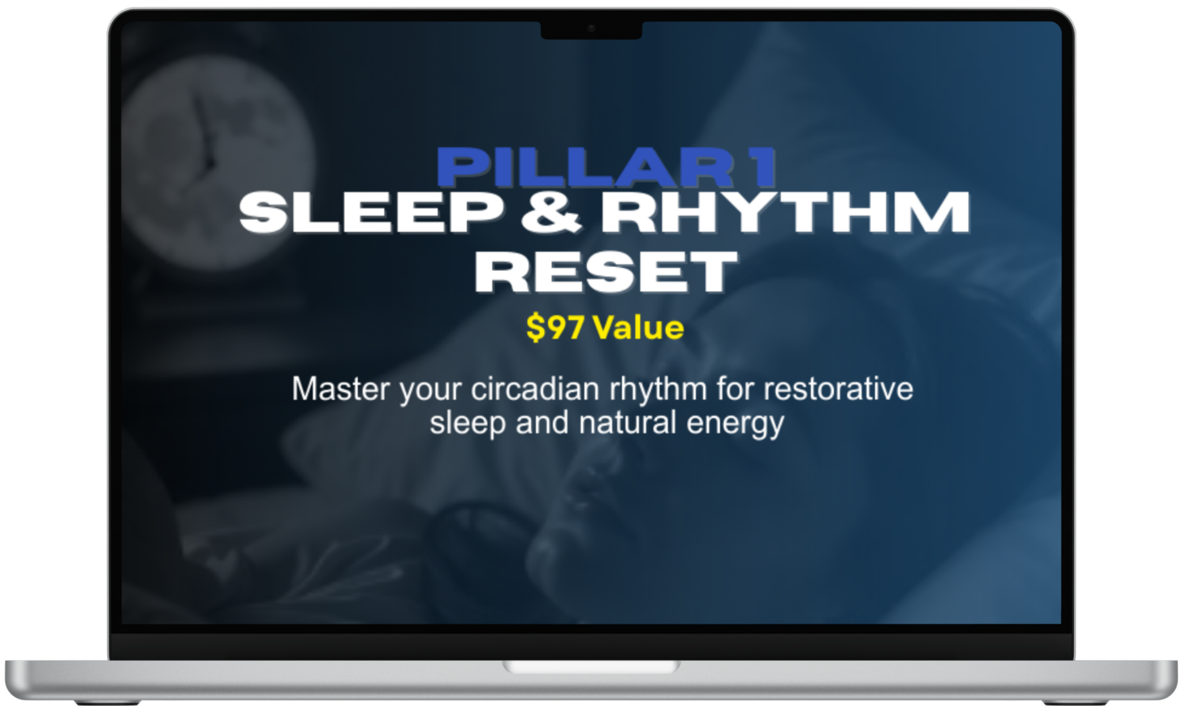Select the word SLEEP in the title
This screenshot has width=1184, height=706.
coord(371,212)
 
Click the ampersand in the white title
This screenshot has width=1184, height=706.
coord(551,212)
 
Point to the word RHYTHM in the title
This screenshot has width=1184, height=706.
coord(785,212)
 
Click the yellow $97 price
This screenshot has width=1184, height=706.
coord(555,327)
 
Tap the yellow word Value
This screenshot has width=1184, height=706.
coord(638,328)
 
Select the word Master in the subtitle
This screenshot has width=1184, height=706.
coord(341,389)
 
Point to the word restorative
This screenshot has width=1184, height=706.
coord(838,389)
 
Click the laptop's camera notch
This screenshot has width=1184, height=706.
coord(591,29)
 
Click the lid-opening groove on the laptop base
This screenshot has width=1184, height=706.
coord(591,666)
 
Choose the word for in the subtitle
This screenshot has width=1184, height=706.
coord(735,389)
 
